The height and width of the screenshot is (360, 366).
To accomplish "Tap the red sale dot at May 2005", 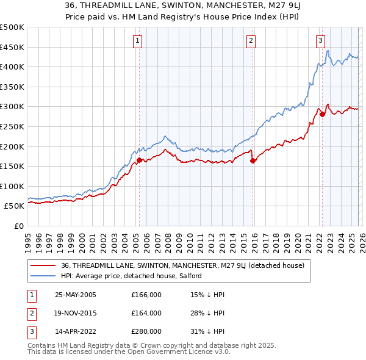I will click(x=139, y=160).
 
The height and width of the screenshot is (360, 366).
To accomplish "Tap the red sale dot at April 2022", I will click(x=322, y=114).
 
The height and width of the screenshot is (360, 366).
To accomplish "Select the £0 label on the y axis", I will click(x=19, y=226).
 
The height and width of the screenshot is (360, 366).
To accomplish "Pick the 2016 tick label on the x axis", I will click(x=253, y=238).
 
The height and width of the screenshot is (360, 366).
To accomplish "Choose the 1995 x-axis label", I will click(x=28, y=238).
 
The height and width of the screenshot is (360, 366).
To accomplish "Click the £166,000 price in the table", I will click(x=146, y=295).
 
